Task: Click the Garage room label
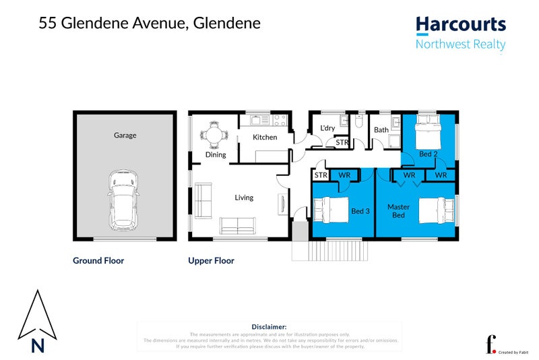click(x=125, y=136)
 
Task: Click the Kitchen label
click(x=265, y=138)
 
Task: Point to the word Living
click(x=244, y=198)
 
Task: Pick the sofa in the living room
click(x=238, y=226)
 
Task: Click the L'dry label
click(x=327, y=128)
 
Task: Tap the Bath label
click(x=381, y=130)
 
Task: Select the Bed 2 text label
click(x=429, y=154)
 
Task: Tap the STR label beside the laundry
click(x=342, y=143)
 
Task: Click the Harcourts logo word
click(x=460, y=26)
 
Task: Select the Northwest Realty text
click(x=460, y=45)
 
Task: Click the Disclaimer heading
click(x=269, y=326)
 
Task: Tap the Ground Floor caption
click(x=98, y=261)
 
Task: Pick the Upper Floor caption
click(x=211, y=261)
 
